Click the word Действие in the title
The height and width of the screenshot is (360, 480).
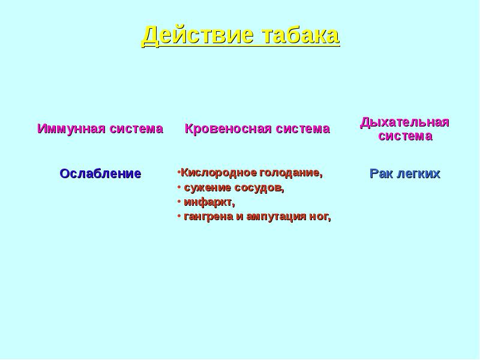[197, 35]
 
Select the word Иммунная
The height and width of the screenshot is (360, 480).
[71, 128]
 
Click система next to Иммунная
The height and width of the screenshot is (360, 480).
[136, 129]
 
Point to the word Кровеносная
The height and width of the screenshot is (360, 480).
[228, 128]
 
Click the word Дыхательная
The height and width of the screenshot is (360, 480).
[404, 122]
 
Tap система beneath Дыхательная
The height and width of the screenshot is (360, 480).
[406, 136]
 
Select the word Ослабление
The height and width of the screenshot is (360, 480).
[100, 173]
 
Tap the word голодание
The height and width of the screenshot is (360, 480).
[291, 173]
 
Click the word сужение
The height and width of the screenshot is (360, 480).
[207, 188]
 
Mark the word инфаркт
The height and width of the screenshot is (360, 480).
[209, 202]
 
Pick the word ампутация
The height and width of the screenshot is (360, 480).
[276, 217]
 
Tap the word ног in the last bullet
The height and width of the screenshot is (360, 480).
[320, 217]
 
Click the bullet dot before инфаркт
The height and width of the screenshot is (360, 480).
[179, 202]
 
